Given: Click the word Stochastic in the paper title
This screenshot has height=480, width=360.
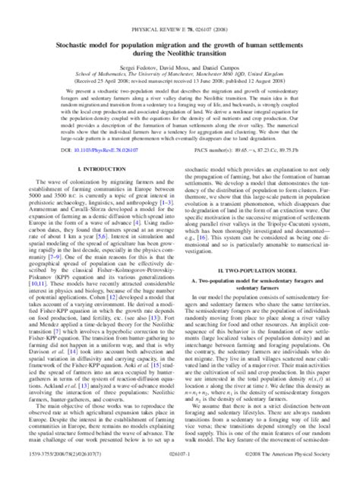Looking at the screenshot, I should click(72, 24).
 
